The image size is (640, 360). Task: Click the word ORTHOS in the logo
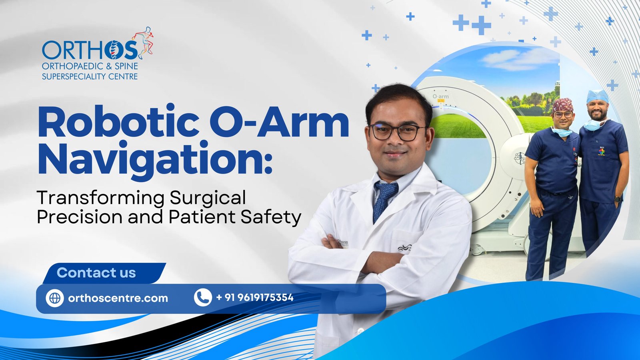point(90,50)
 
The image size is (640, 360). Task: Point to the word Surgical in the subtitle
point(208,198)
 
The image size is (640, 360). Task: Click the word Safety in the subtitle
point(271,217)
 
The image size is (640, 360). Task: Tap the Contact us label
point(96,272)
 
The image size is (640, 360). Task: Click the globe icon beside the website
point(54,298)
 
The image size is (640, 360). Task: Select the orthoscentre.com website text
point(118,298)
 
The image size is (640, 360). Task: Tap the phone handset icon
point(203,298)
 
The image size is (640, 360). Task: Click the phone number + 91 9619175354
point(255,298)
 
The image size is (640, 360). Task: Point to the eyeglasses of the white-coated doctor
point(398,132)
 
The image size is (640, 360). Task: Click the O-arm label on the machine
point(440,96)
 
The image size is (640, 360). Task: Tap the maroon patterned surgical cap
point(562,105)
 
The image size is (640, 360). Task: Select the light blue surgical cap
point(598,96)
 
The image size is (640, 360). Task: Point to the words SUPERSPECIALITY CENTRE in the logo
point(90,76)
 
